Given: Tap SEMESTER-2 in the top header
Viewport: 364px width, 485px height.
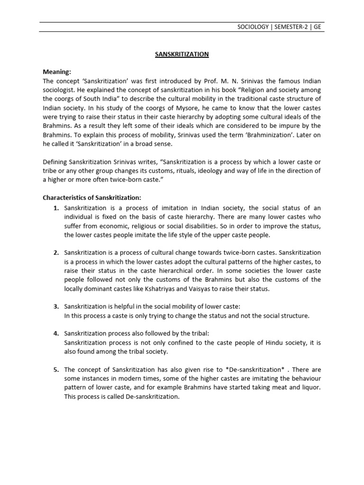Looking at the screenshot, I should coord(291,27).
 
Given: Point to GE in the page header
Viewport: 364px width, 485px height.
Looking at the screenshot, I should coord(317,27).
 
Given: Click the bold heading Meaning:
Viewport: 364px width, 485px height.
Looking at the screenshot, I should coord(57,72).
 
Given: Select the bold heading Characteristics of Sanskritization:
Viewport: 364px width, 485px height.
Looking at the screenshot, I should coord(92,198).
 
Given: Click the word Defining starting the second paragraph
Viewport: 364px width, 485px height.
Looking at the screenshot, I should coord(56,162).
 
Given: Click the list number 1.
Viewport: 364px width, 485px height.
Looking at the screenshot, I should coord(55,208).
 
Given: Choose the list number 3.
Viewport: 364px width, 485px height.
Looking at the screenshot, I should coord(55,307).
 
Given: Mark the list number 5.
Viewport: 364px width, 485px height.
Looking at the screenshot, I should coord(55,369).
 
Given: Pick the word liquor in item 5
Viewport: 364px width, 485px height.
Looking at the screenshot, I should coord(311,387).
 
